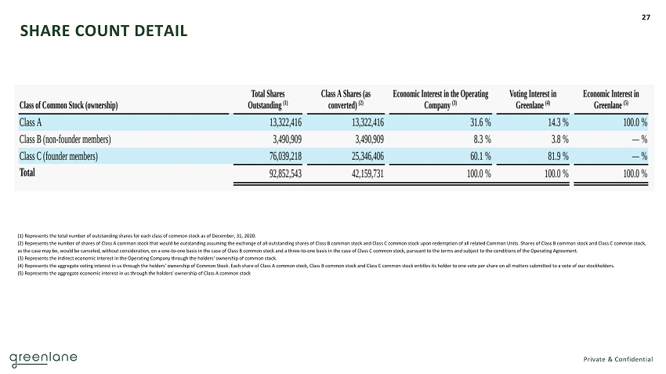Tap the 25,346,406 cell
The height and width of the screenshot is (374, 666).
point(357,156)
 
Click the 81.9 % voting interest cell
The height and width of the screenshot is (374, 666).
point(556,156)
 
